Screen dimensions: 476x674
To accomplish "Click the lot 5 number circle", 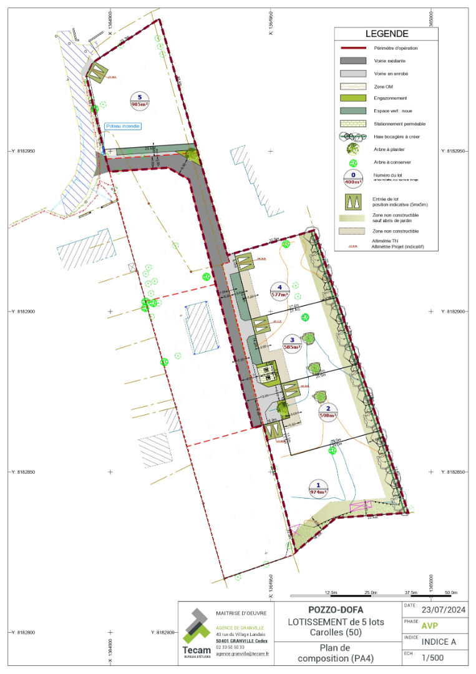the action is tap(140, 100).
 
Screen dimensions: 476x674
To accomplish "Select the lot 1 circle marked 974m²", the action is tap(318, 488).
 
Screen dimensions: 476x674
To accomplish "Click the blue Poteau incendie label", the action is tap(123, 126).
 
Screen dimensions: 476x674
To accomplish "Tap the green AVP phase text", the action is tap(430, 626).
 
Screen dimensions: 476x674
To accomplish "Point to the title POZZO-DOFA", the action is tap(336, 609).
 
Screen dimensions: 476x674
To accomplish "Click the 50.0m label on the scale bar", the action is tap(450, 592).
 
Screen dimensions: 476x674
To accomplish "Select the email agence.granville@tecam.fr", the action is tap(242, 654).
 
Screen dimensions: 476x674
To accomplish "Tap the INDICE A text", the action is tap(439, 642).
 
